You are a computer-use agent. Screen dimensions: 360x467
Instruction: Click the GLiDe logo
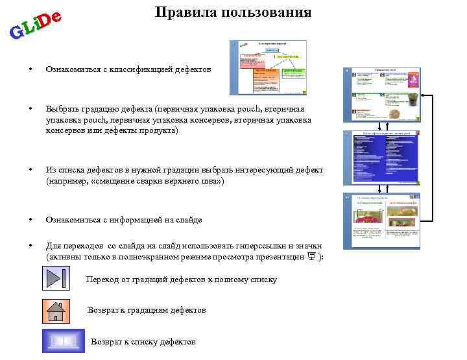[x=36, y=23]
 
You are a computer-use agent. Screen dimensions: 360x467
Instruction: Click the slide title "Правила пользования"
[x=233, y=13]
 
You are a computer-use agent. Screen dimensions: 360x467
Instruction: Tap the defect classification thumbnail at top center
[x=268, y=67]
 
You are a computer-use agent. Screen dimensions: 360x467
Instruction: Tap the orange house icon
[x=56, y=311]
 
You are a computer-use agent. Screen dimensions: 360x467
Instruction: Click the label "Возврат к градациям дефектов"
[x=147, y=311]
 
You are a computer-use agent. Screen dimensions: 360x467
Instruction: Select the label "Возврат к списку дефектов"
[x=143, y=342]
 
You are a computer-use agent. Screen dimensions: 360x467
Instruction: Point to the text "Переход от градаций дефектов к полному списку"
[x=181, y=280]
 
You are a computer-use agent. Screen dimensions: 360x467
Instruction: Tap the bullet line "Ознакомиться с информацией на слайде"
[x=123, y=220]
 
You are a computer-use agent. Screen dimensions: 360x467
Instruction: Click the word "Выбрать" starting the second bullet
[x=59, y=110]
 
